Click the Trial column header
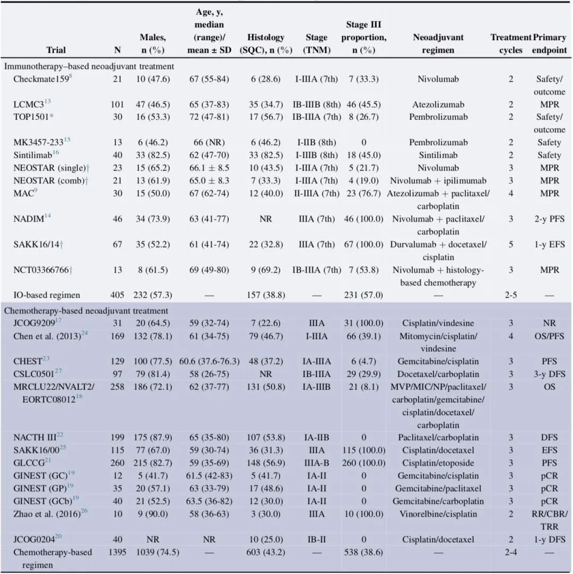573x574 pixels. click(56, 50)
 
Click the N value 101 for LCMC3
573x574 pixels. click(117, 105)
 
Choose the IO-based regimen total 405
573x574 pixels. click(117, 295)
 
